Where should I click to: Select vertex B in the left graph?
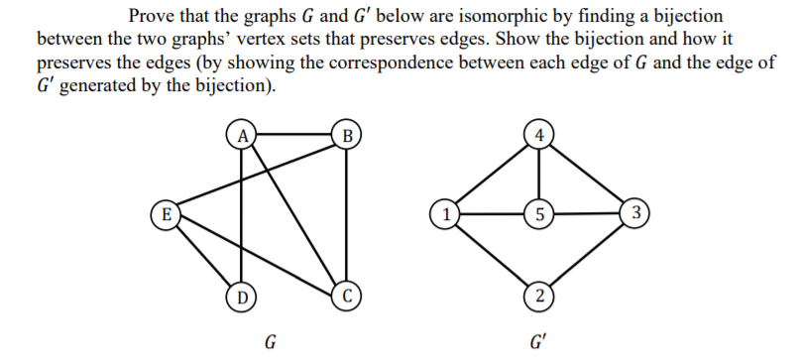pyautogui.click(x=346, y=133)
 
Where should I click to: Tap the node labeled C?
pyautogui.click(x=346, y=294)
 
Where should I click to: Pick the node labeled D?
pyautogui.click(x=240, y=294)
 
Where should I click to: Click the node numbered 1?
pyautogui.click(x=446, y=212)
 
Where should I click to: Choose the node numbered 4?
pyautogui.click(x=537, y=132)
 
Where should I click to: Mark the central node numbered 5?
pyautogui.click(x=537, y=212)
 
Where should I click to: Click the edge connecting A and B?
pyautogui.click(x=293, y=132)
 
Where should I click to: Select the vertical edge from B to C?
pyautogui.click(x=346, y=213)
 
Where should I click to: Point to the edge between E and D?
pyautogui.click(x=203, y=254)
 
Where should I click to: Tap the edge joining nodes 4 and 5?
pyautogui.click(x=537, y=173)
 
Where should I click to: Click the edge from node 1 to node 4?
pyautogui.click(x=492, y=173)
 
